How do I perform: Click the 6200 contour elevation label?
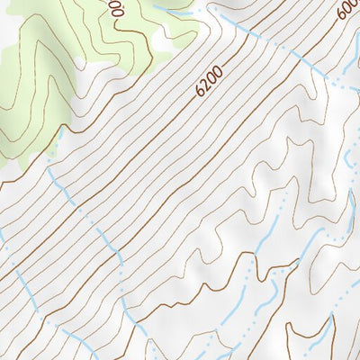point(208,85)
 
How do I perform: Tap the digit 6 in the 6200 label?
point(199,93)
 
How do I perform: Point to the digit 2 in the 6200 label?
point(205,87)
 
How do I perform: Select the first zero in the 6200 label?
point(211,82)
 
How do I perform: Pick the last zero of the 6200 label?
point(217,76)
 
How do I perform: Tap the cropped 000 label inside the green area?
point(115,9)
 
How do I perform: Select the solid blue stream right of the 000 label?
point(171,8)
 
